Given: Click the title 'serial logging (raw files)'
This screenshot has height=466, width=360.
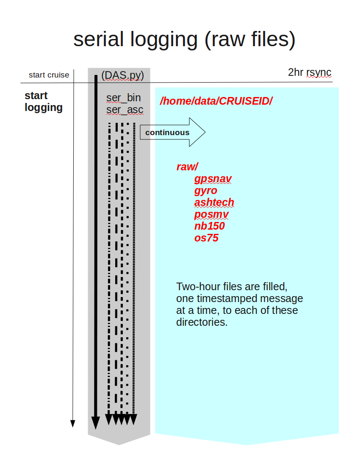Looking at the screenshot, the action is tap(184, 39).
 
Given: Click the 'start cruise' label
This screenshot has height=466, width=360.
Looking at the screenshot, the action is tap(49, 75).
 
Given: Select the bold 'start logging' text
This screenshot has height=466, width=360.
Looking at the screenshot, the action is tap(44, 102).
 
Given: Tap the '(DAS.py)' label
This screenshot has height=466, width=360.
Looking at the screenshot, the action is tap(122, 75).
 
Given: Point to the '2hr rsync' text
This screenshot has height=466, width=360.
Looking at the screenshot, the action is tap(310, 72).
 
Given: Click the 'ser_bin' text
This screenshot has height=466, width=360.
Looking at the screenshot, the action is tap(124, 98).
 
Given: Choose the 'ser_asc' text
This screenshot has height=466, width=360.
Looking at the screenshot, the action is tap(125, 110).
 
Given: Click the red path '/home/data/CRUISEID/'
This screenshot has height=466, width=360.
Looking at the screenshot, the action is tap(216, 101).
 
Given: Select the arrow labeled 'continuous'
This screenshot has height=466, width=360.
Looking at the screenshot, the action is tap(172, 132).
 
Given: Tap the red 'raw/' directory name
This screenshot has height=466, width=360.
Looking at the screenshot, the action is tap(187, 167).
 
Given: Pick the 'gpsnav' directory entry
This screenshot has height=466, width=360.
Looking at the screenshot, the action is tap(213, 179).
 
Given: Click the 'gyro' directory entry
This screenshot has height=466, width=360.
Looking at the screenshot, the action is tap(205, 191).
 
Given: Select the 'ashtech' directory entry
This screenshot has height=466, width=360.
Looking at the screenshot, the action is tap(214, 202).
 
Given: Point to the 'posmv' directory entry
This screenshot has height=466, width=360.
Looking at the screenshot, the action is tap(211, 214).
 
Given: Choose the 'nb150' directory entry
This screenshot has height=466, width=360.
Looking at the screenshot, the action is tap(209, 226).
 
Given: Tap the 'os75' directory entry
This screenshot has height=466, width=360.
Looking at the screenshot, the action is tap(206, 238).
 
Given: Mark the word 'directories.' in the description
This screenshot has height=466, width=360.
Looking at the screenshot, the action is tap(202, 322).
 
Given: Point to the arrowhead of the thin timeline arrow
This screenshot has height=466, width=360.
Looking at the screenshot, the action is tap(73, 424).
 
